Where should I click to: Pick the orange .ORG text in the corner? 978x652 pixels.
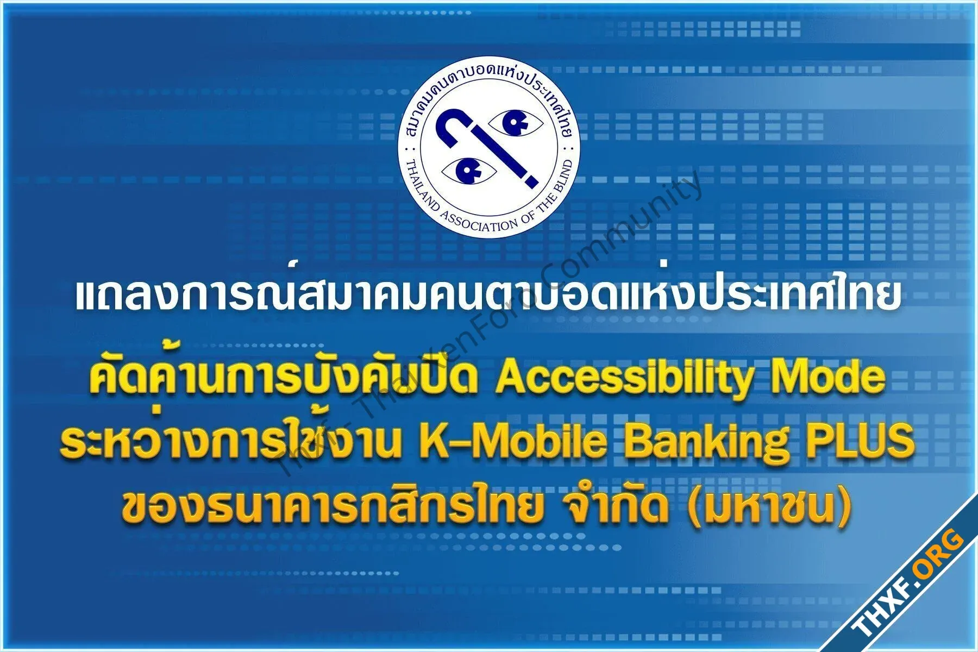tap(941, 550)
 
